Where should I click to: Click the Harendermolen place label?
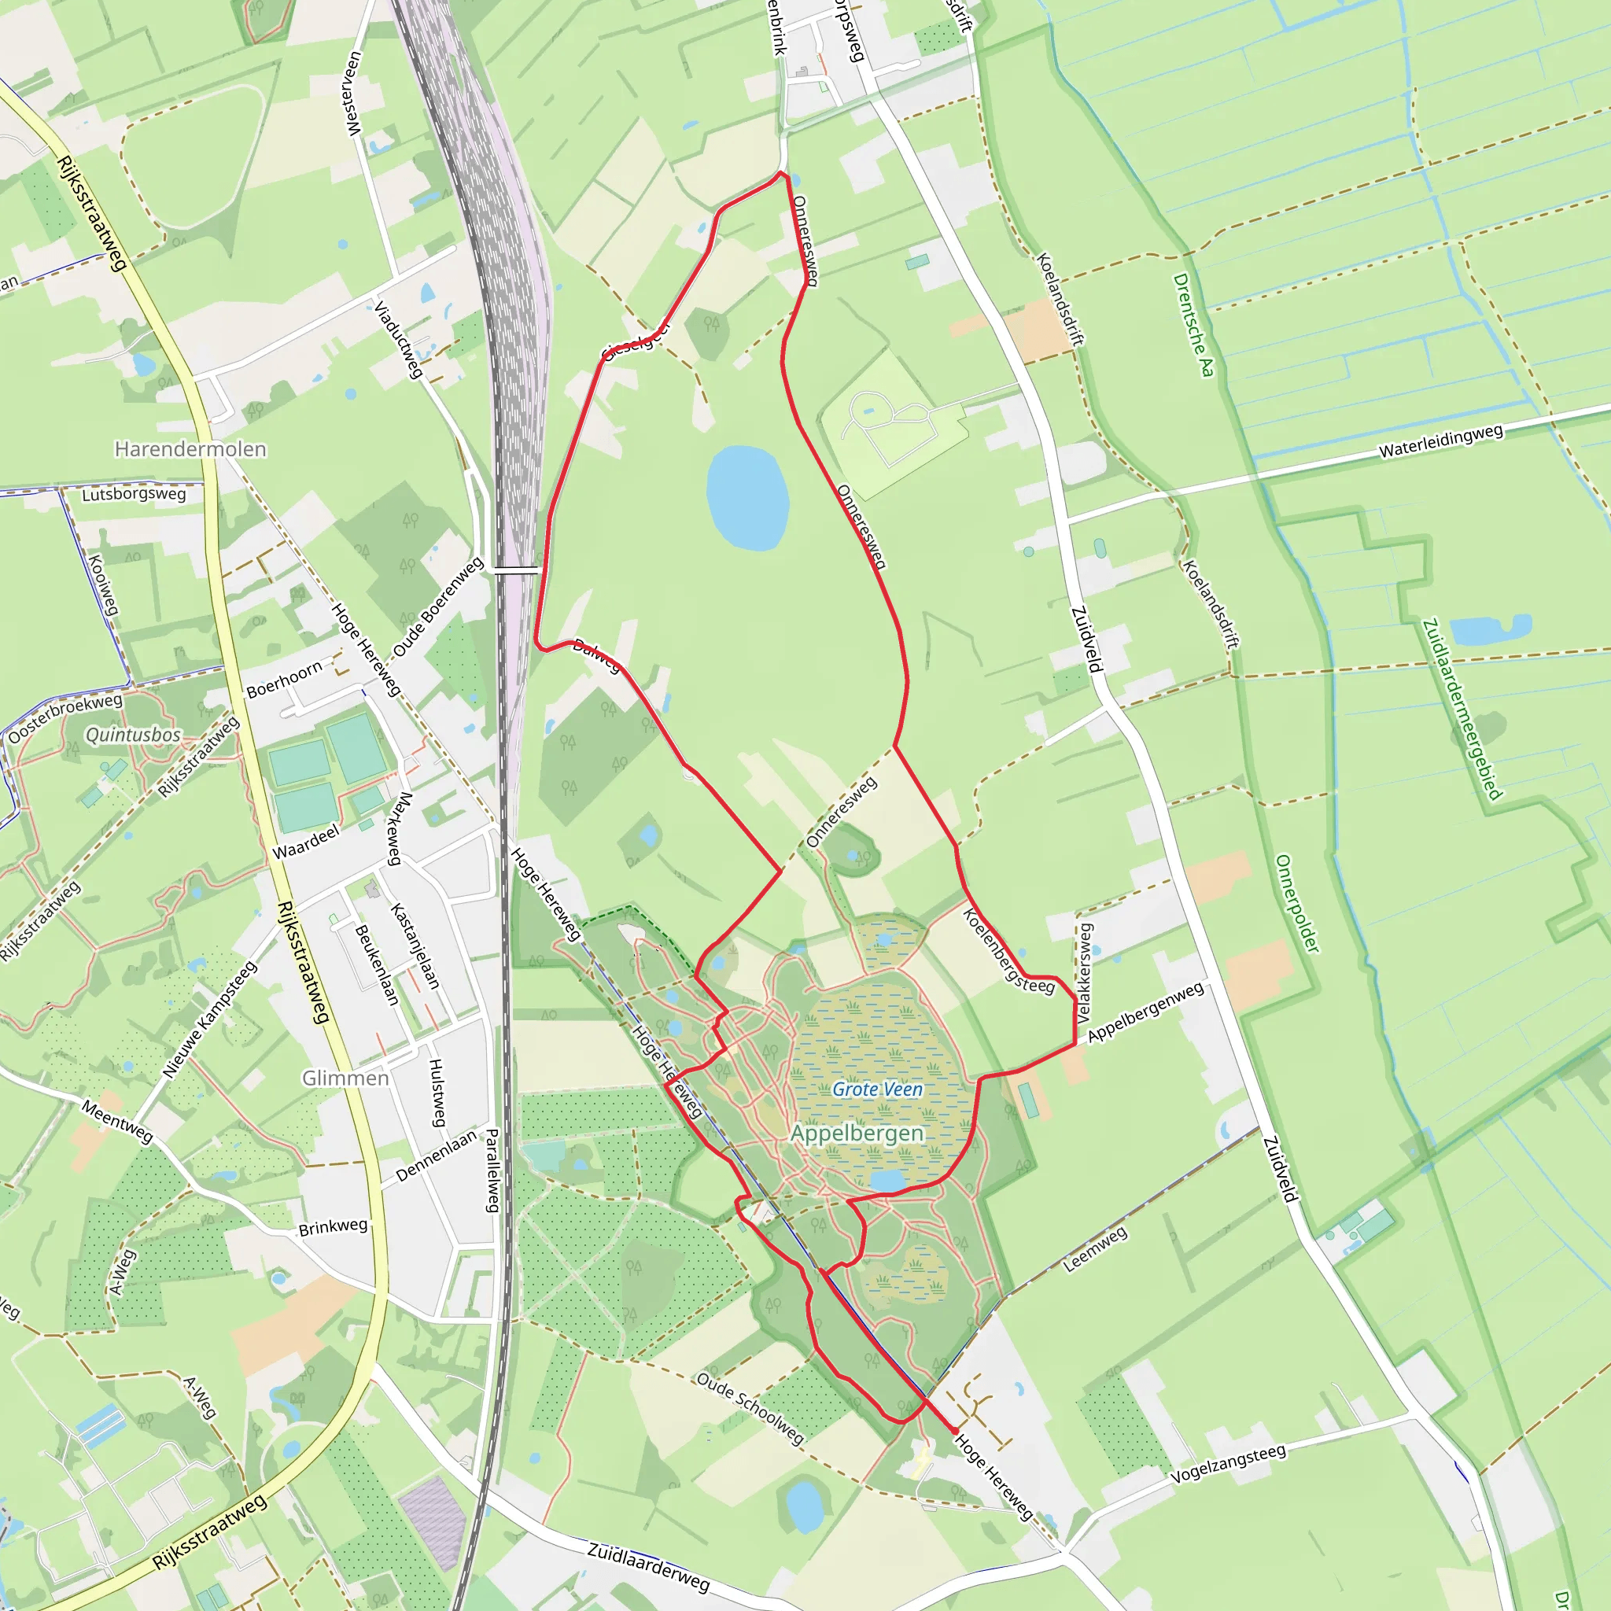click(190, 449)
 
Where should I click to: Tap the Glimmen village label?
click(345, 1078)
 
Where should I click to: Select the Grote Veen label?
click(877, 1089)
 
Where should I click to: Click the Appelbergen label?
click(857, 1134)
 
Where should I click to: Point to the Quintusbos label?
click(134, 735)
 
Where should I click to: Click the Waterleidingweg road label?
click(1441, 441)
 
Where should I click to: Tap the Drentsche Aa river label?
click(1193, 325)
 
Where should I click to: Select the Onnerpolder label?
click(1297, 904)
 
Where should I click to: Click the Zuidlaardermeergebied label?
click(1462, 709)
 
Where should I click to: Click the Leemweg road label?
click(1095, 1249)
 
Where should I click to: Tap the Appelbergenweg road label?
click(1145, 1012)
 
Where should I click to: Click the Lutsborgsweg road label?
click(134, 494)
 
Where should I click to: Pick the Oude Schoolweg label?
click(750, 1408)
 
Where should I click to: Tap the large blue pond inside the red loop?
click(747, 498)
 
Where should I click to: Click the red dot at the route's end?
click(955, 1431)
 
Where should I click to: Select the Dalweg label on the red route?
click(597, 655)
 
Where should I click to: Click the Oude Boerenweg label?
click(438, 607)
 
